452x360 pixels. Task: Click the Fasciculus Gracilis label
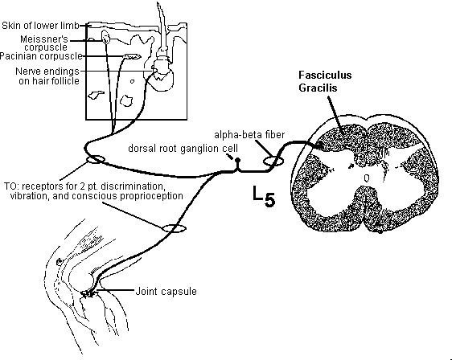325,81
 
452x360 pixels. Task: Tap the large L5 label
264,196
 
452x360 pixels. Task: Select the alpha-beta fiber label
249,135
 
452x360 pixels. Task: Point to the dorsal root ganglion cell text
183,149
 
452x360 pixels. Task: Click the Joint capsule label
166,292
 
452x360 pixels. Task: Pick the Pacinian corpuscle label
41,56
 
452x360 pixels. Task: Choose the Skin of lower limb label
40,26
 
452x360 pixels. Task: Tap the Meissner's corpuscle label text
43,43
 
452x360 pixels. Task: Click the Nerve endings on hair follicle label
47,76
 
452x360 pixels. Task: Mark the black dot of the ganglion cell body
237,160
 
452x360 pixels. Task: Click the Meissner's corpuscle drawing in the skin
105,37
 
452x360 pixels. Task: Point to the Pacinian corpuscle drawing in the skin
132,56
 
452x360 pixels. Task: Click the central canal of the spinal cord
367,178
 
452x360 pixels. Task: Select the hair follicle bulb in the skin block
163,76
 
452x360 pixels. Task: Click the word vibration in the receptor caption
29,196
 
